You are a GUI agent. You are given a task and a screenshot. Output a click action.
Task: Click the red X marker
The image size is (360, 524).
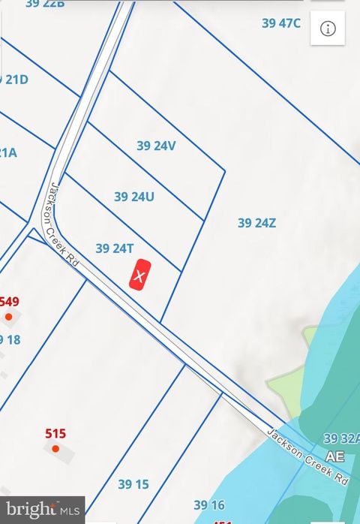coord(139,276)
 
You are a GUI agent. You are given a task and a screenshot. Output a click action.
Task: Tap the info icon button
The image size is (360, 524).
coord(328,29)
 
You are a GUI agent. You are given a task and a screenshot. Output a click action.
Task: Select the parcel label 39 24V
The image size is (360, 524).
coord(156,146)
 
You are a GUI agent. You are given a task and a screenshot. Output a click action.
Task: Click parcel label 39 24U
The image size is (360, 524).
coord(134,197)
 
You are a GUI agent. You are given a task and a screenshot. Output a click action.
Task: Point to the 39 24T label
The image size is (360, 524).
coord(115,248)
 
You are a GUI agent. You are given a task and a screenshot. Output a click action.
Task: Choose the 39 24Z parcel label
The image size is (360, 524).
coord(257,222)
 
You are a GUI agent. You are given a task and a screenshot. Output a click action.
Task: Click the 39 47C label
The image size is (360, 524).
coord(281,23)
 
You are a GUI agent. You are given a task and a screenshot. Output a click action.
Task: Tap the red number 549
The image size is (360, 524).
coord(9,302)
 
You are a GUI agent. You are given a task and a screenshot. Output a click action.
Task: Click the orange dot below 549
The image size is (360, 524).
coord(8,317)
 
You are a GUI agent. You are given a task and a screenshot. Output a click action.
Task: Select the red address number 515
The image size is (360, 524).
coord(55,433)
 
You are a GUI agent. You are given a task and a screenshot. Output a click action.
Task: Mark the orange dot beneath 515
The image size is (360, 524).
coord(55,448)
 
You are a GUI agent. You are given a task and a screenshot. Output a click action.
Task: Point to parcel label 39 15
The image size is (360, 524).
coord(133,484)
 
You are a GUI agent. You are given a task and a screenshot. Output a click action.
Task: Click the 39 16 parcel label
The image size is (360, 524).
coord(209,505)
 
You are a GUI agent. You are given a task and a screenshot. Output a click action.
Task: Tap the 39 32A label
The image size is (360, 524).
coord(341,438)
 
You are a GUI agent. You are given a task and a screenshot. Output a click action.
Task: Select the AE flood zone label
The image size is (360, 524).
coord(334,456)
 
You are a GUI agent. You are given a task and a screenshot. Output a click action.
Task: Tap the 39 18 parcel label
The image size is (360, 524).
coord(9,339)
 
